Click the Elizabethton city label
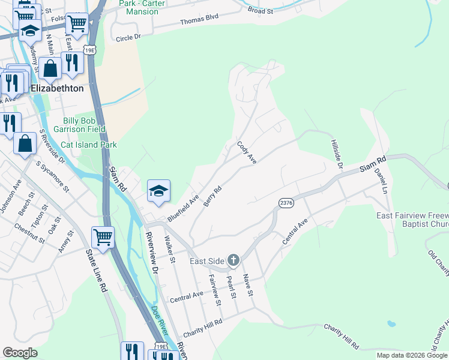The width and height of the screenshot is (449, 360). pos(58,88)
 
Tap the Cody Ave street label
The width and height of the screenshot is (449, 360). pos(247,153)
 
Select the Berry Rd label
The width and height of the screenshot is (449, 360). pos(212,196)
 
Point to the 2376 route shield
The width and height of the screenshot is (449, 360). pos(286,204)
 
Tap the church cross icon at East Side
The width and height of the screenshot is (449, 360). pos(233,260)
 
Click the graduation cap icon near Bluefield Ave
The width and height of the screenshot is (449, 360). pos(158,191)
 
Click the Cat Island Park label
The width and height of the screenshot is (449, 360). pos(89,145)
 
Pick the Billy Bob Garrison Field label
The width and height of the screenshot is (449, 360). pos(84,124)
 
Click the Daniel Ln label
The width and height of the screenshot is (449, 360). pos(380,179)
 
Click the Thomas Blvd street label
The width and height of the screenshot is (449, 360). pos(199,21)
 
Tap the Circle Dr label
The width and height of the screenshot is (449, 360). pos(128,37)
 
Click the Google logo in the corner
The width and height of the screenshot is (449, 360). pos(19,353)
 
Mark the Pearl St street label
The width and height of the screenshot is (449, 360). pos(231,286)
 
